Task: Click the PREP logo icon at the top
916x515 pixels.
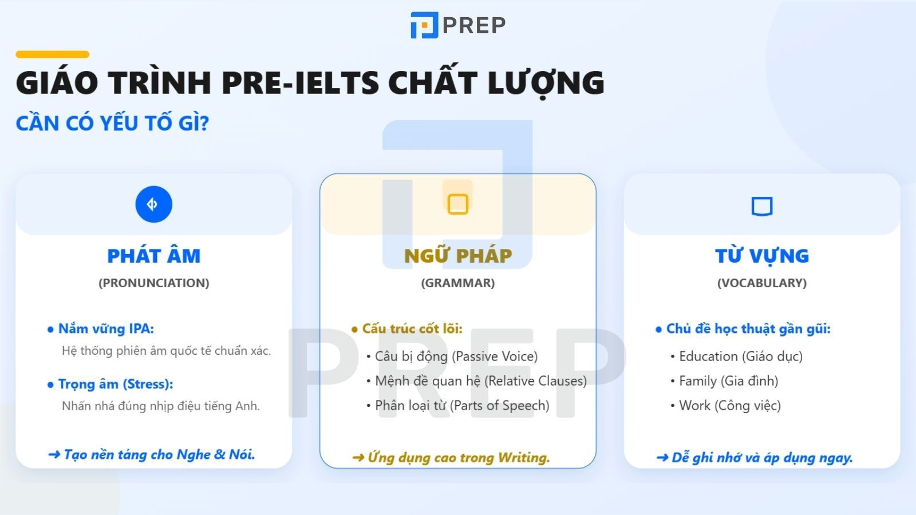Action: click(424, 25)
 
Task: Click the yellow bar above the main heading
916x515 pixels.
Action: click(52, 54)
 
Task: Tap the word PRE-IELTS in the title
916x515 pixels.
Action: click(300, 82)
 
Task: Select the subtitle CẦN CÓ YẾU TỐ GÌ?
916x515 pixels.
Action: click(112, 123)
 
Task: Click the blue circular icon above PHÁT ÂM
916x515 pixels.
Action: click(153, 204)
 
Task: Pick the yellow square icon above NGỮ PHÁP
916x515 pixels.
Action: click(457, 204)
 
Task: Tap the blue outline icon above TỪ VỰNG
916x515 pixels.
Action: click(761, 205)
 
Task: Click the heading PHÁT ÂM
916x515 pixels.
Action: click(153, 256)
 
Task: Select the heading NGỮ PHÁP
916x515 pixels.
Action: click(458, 256)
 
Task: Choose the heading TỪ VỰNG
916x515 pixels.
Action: click(761, 256)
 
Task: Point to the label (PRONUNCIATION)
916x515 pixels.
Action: click(153, 283)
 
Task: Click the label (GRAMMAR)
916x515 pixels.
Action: click(458, 283)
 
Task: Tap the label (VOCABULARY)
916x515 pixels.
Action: click(761, 283)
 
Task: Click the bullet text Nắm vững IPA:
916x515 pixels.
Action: click(106, 329)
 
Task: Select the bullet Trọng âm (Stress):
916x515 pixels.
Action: click(115, 384)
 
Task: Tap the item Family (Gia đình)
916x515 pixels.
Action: click(728, 381)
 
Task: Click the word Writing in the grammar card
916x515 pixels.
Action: click(523, 458)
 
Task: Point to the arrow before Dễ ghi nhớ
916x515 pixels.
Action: click(662, 458)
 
